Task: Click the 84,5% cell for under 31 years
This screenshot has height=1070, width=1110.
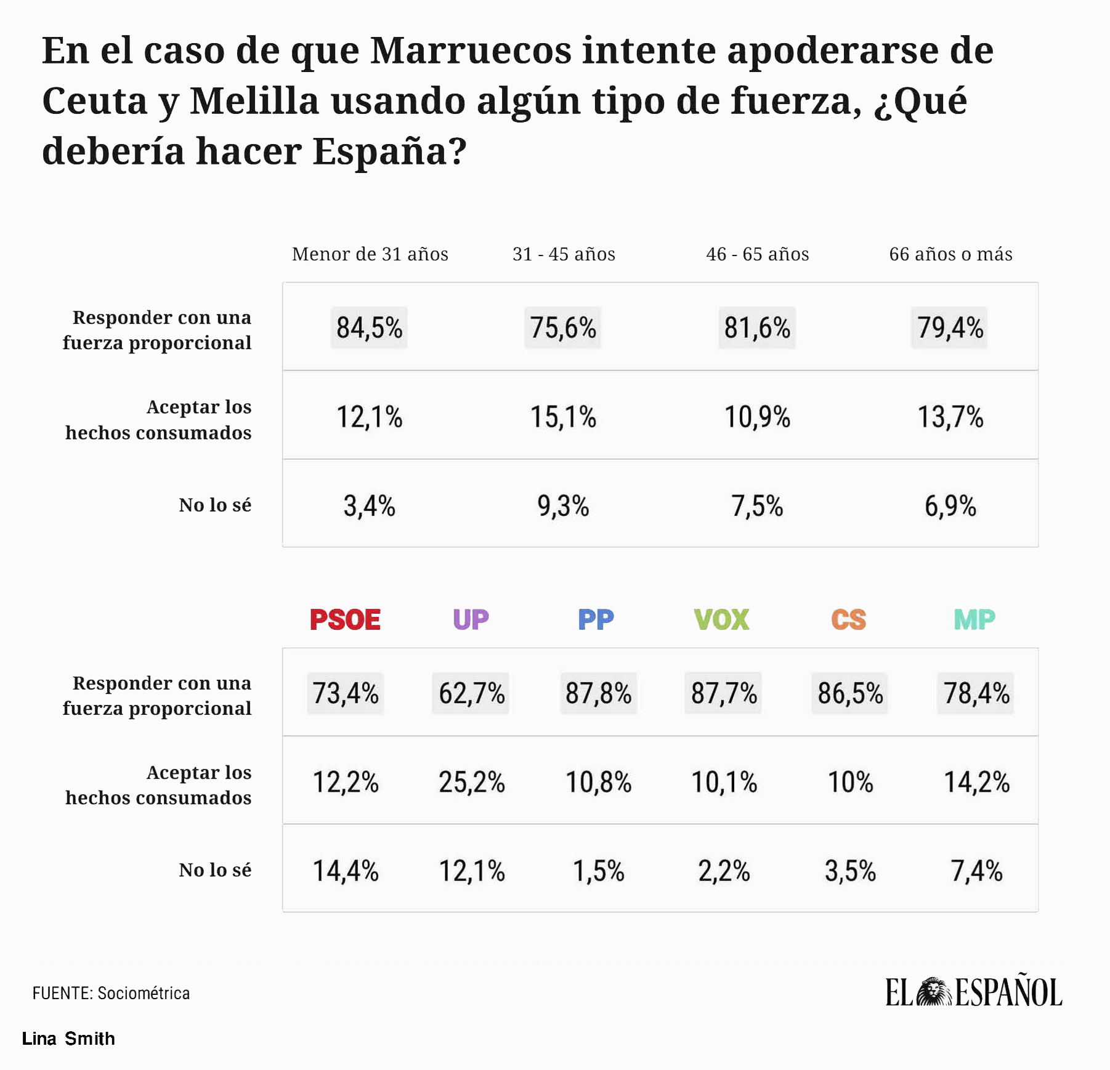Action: [369, 328]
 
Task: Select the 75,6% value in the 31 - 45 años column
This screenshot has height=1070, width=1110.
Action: [563, 328]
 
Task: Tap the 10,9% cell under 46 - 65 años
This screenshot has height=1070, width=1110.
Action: [757, 417]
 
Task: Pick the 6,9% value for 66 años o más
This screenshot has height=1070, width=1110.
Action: [950, 506]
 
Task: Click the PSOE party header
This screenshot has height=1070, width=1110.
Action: [345, 619]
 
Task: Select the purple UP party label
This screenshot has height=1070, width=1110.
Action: [471, 619]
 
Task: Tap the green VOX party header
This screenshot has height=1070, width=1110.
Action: [722, 619]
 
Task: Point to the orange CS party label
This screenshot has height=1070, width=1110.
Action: [849, 619]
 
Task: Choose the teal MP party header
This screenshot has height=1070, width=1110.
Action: [974, 619]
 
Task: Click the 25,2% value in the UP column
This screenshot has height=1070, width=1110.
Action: [471, 782]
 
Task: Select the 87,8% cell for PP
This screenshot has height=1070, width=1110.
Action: [598, 693]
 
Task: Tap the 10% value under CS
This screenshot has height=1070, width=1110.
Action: [850, 782]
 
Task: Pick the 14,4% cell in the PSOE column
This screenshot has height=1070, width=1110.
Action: [345, 871]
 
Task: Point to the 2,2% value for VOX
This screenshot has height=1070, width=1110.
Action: [724, 871]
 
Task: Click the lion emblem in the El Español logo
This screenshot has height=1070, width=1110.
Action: [934, 992]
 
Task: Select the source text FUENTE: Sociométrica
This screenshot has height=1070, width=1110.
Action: [111, 993]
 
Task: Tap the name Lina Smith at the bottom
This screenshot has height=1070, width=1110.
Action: [68, 1039]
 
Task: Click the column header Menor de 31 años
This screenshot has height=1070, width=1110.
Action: [370, 254]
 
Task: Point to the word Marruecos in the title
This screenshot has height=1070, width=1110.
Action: [470, 50]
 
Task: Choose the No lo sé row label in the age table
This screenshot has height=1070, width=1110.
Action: [215, 505]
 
